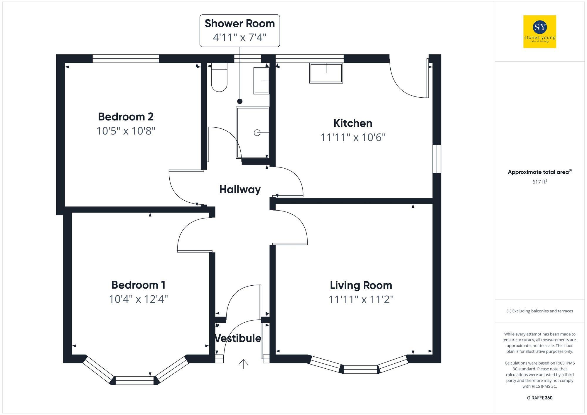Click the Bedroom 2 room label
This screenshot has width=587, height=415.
point(126,117)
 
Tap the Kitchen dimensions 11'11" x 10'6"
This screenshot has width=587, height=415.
point(353,137)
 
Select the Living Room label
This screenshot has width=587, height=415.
point(361,285)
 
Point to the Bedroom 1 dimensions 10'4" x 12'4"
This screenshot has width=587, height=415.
point(138,299)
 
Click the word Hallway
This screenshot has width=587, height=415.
point(240,189)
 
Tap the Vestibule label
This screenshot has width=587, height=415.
point(238,338)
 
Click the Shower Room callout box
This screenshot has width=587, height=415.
point(240,31)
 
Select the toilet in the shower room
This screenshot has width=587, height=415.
point(219,78)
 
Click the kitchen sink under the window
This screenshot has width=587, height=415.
point(326,73)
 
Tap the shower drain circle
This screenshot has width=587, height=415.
point(257,133)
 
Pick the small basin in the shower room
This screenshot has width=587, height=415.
point(262,81)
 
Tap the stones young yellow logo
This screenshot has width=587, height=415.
point(539,32)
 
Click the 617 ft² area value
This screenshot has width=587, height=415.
point(539,182)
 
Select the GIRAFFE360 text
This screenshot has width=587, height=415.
point(539,398)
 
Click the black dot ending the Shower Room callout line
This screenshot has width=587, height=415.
point(240,101)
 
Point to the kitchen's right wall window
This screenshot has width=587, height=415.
point(437,159)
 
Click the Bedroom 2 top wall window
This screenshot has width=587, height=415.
point(126,59)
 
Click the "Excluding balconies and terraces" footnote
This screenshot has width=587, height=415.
point(539,311)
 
